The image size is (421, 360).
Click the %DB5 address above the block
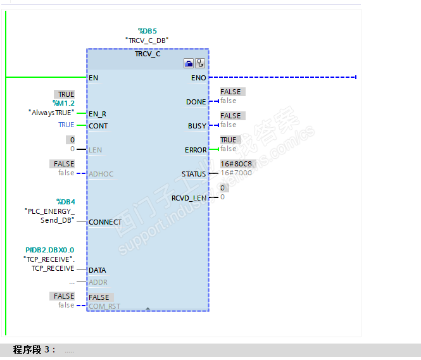click(148, 30)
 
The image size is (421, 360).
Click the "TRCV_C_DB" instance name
click(147, 40)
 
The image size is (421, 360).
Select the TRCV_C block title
click(148, 54)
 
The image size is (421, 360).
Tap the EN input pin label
click(94, 78)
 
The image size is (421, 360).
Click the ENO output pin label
click(198, 78)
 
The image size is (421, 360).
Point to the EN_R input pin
click(97, 114)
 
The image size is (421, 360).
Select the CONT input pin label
click(98, 126)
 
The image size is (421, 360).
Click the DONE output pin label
click(196, 102)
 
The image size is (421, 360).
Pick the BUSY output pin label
click(197, 126)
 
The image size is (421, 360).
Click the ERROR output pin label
click(196, 150)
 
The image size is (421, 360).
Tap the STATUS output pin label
click(194, 174)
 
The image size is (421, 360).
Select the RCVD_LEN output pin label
click(189, 198)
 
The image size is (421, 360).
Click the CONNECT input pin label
click(105, 222)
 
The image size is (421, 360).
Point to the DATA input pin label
click(97, 270)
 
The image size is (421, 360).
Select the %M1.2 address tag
click(63, 102)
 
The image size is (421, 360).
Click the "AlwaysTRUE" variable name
click(51, 113)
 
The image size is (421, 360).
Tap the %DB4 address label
click(65, 201)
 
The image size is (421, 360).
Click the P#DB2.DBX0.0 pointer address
click(54, 250)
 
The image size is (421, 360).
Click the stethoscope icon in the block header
click(200, 63)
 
